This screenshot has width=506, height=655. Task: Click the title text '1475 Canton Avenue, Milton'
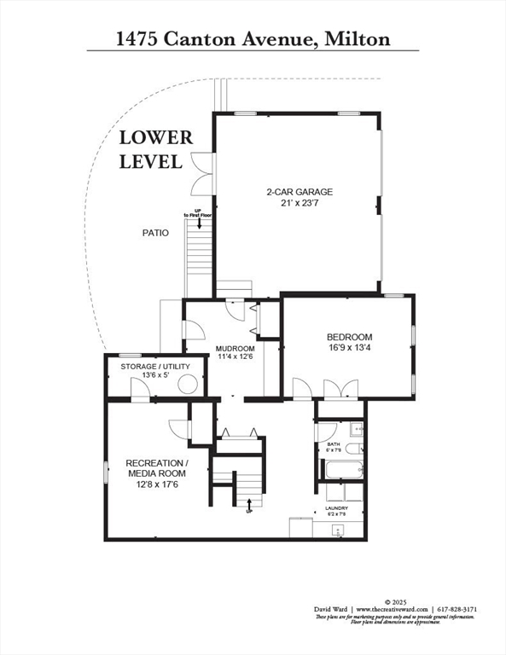253,38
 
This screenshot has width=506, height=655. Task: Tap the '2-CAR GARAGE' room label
300,192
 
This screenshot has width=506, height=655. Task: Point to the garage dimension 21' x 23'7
300,203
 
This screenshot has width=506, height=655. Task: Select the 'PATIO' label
155,232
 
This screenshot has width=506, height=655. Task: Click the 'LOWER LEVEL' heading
155,148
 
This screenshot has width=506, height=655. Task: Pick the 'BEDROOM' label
349,337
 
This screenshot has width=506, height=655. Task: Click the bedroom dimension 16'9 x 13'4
349,348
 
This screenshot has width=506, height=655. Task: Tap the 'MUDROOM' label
235,349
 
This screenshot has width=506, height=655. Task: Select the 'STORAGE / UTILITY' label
154,367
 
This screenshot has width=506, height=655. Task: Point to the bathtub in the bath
340,469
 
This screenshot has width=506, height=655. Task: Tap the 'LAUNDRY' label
335,508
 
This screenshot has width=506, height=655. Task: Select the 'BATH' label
334,444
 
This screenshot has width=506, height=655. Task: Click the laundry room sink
339,530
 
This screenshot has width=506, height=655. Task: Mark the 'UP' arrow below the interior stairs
248,509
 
